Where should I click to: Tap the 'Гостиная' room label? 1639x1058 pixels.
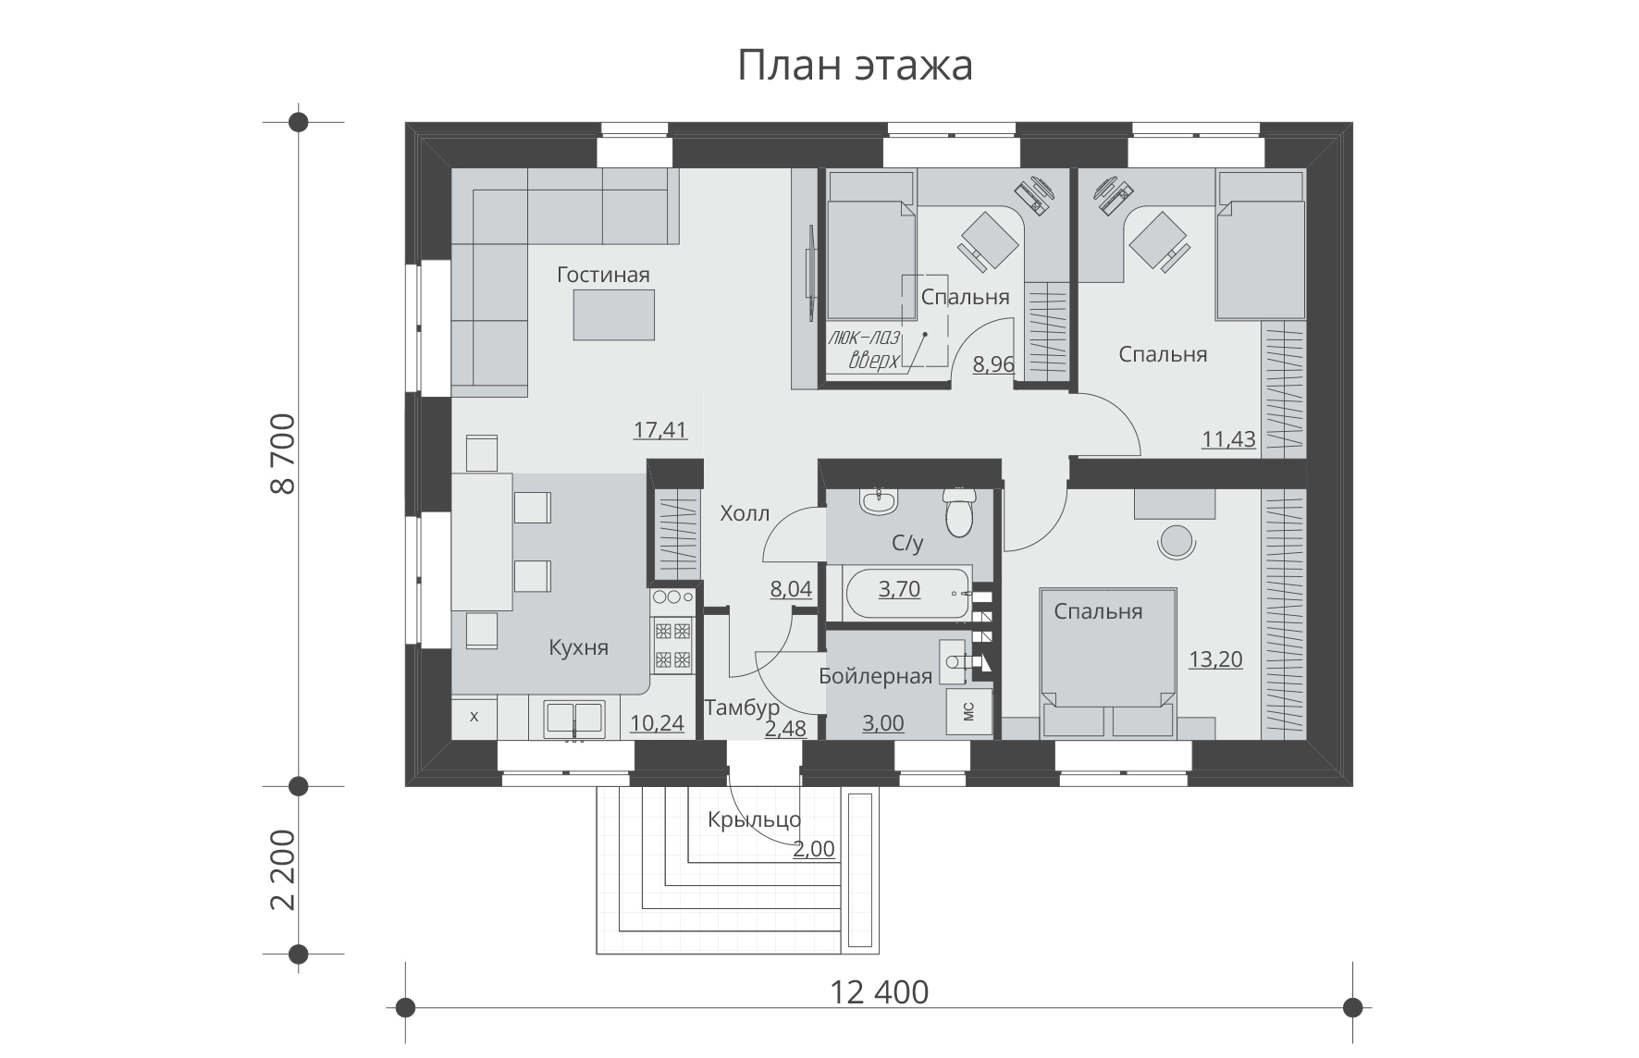(x=603, y=275)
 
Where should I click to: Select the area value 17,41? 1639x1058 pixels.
(x=660, y=429)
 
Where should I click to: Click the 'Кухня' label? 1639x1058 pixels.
(x=578, y=647)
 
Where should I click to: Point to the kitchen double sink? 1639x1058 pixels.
(x=574, y=720)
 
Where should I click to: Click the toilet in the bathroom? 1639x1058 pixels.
(x=959, y=511)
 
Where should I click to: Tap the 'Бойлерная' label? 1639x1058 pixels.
(x=875, y=676)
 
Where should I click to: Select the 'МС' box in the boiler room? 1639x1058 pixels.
(x=969, y=710)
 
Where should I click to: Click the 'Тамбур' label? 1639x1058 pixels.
(x=742, y=708)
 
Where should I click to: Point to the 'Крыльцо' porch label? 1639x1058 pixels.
(x=755, y=819)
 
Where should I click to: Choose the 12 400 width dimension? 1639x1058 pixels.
(x=879, y=992)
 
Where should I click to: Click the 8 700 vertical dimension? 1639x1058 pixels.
(x=284, y=453)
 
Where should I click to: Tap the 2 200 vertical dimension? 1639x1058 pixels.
(x=284, y=869)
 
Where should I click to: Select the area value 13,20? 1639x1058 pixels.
(x=1215, y=659)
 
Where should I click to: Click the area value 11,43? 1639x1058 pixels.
(x=1228, y=439)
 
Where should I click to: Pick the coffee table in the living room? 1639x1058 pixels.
(x=614, y=314)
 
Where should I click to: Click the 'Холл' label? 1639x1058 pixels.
(x=745, y=513)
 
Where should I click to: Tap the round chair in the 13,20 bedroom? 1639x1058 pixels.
(x=1177, y=541)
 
